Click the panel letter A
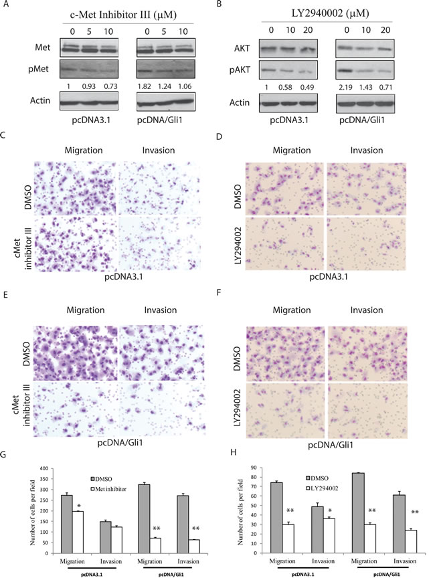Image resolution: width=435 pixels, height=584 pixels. coord(5,5)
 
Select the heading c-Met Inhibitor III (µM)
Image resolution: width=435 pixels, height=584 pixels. coord(123,15)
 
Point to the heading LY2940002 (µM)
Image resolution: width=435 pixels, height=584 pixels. coord(330,13)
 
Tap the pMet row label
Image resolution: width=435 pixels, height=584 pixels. coord(38,69)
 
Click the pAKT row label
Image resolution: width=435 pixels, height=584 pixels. coord(240,70)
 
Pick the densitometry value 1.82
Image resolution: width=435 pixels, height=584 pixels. coord(145,86)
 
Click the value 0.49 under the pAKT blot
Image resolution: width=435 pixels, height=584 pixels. coord(307,87)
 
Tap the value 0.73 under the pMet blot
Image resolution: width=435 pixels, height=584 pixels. coord(110,86)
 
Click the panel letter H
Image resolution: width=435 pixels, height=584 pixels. coord(234,452)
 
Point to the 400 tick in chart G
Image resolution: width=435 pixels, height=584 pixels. coord(44,468)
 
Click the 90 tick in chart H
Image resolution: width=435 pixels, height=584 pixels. coord(254,468)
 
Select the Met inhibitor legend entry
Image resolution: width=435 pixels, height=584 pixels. coord(108,489)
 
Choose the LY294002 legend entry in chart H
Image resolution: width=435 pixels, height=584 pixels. coord(322,488)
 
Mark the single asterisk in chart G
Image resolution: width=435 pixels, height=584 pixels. coord(79,506)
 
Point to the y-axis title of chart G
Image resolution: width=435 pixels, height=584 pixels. coord(33,512)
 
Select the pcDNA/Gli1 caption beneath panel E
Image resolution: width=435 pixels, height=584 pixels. coord(120,443)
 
